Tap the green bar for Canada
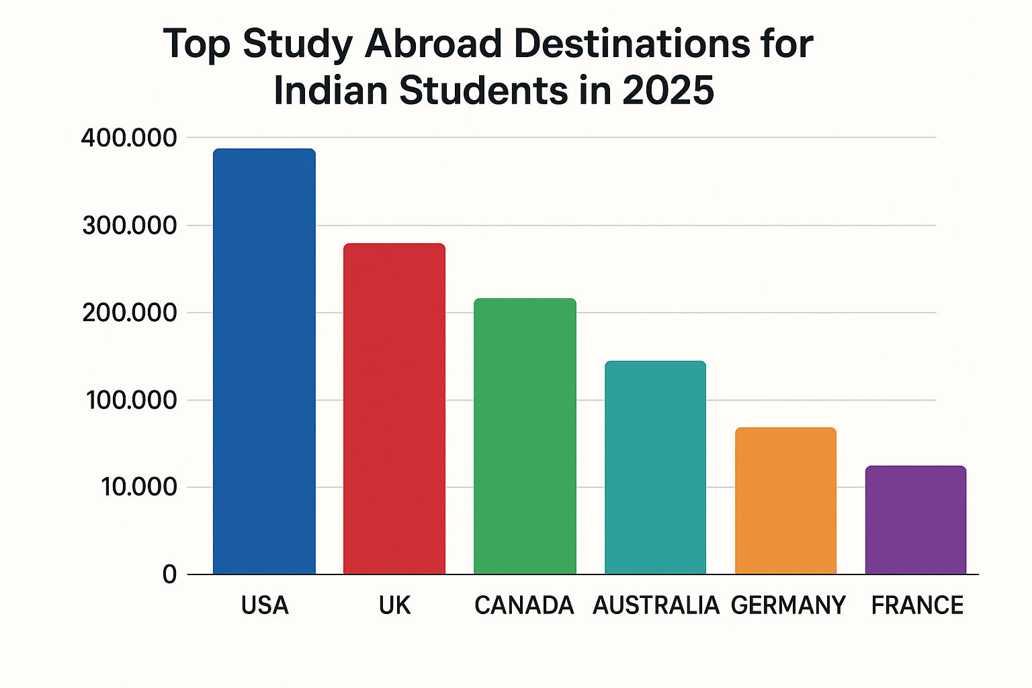point(525,436)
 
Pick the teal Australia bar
point(655,468)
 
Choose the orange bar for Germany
point(785,501)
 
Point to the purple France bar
point(916,520)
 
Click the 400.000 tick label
point(129,138)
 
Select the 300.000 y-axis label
point(130,226)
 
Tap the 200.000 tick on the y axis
point(130,313)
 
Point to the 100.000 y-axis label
point(131,400)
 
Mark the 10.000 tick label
point(138,487)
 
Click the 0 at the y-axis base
point(169,574)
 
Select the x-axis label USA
point(265,605)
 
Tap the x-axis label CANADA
point(524,605)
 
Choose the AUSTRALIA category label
point(656,605)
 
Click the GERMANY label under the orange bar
point(788,605)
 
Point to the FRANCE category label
point(917,605)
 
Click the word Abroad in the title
point(433,44)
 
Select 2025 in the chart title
point(668,91)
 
